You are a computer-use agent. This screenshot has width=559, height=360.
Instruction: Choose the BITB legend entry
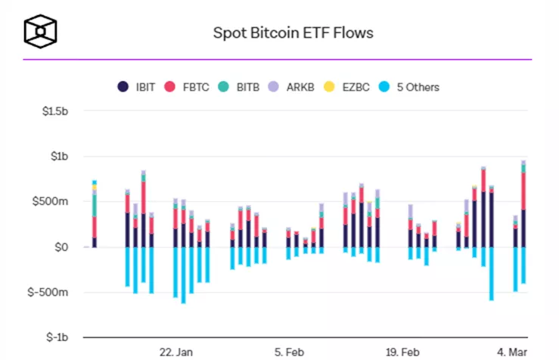pos(239,87)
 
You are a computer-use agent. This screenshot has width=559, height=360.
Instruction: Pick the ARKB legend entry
pos(293,87)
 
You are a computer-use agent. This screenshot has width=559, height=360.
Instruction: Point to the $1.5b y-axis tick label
pos(54,113)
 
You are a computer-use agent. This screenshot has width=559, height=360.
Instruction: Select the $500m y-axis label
pos(54,202)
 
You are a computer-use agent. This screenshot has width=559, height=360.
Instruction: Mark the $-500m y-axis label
pos(51,292)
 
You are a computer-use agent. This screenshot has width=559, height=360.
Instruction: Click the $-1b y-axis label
pos(57,337)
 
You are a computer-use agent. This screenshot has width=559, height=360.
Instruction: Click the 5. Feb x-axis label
pos(289,352)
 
